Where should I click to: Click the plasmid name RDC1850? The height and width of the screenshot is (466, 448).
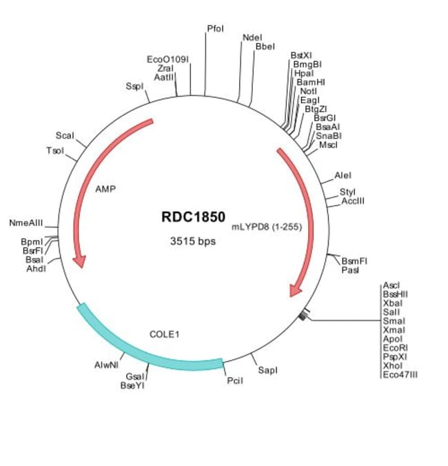point(193,217)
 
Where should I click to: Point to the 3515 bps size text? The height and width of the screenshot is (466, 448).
point(193,241)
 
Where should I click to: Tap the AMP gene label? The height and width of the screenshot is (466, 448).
point(105,188)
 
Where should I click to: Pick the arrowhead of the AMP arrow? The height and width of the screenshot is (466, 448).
point(81,261)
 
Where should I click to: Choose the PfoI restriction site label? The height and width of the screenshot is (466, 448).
point(215,28)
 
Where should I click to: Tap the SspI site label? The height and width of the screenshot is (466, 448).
point(134,86)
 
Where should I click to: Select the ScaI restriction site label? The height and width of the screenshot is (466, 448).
point(64,136)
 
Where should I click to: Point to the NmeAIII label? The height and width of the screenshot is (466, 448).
point(26,223)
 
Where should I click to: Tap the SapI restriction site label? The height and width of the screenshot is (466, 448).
point(267,370)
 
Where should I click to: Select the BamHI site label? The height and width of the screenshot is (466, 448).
point(311,81)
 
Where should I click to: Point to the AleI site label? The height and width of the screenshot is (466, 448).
point(343,176)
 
